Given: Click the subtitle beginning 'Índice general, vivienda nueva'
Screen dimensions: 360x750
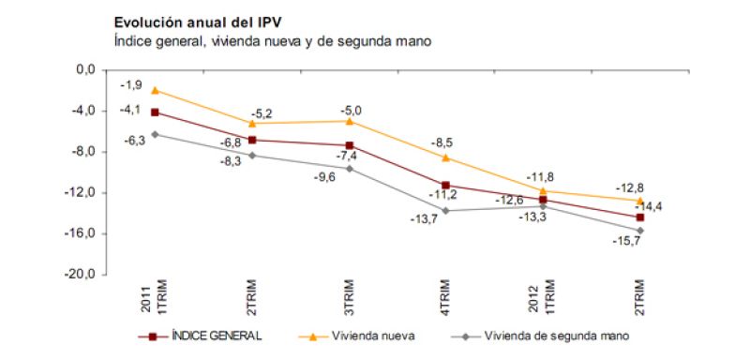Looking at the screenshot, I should (271, 40).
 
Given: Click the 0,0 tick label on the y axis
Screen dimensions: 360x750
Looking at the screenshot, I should (86, 70).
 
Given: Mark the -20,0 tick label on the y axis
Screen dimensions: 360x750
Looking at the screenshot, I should (83, 276).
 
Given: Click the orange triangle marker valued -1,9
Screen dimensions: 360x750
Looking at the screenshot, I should (155, 90).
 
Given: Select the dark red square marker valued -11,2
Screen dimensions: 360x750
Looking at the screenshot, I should (446, 186).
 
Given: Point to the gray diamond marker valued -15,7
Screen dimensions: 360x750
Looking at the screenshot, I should (640, 231).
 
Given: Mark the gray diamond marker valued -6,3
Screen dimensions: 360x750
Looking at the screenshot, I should (155, 134).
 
